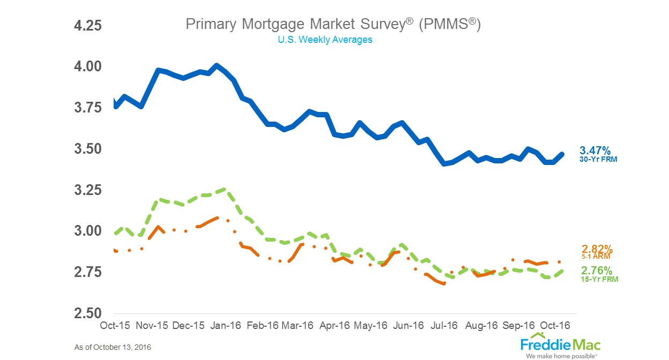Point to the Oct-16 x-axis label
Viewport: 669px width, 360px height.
point(554,326)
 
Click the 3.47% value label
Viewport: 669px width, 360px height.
point(594,150)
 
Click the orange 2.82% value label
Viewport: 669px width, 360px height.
point(597,249)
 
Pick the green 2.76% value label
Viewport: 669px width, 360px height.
point(597,270)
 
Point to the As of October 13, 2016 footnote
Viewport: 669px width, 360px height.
point(113,348)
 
